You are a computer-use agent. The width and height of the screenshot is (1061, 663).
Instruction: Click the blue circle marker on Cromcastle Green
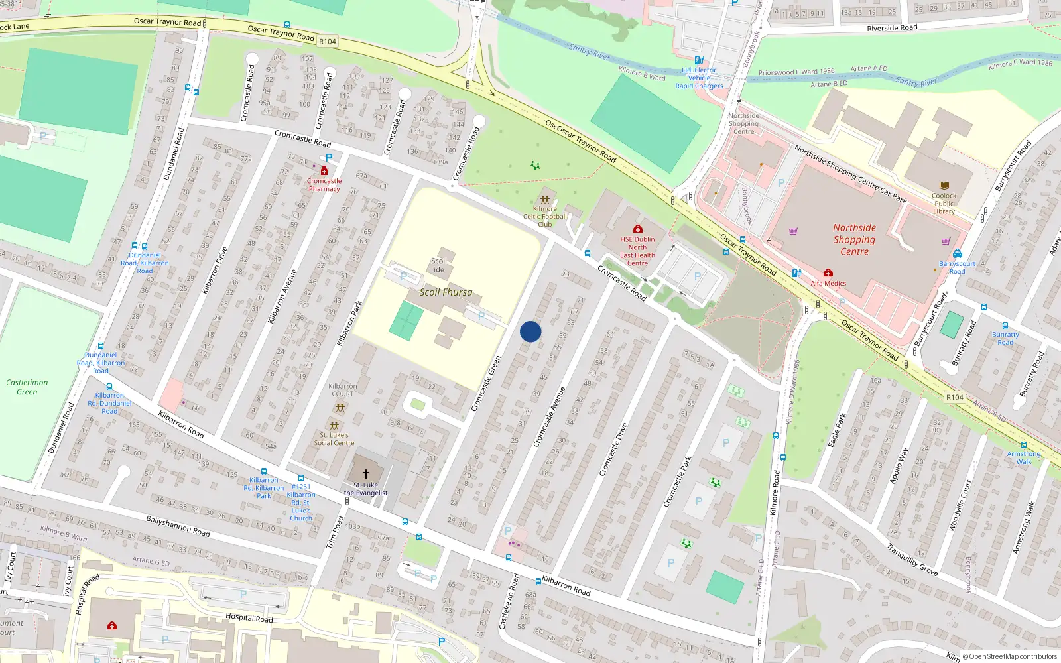(530, 331)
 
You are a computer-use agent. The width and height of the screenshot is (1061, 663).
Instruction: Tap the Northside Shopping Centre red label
(854, 239)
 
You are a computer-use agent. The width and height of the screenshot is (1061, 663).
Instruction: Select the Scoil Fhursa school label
(446, 292)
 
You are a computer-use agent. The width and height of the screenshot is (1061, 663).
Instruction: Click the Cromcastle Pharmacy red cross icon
(324, 171)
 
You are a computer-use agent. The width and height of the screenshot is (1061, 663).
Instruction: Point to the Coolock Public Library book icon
(944, 186)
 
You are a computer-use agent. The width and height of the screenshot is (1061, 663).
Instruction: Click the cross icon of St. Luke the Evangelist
(365, 474)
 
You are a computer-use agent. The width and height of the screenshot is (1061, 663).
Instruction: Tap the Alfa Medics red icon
(828, 273)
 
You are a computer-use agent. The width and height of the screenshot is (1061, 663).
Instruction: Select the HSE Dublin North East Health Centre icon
(637, 229)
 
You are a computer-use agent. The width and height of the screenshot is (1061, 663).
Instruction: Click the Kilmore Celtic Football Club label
(545, 216)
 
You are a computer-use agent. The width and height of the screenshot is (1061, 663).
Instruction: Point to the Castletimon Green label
(27, 387)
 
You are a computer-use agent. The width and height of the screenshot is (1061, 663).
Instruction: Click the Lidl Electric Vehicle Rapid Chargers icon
(699, 60)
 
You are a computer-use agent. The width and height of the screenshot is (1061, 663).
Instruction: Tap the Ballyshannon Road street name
(178, 527)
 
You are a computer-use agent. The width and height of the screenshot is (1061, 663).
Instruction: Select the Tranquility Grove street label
(912, 560)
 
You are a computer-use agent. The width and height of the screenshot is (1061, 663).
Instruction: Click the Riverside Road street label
(892, 28)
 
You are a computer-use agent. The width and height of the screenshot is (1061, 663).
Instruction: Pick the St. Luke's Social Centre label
(334, 439)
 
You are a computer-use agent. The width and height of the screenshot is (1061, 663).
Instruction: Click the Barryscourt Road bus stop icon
(957, 253)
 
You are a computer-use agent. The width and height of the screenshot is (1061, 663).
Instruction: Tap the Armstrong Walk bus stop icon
(1024, 446)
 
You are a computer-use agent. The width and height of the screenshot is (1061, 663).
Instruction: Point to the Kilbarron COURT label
(343, 390)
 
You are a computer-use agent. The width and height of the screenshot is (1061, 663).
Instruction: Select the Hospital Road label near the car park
(249, 617)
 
